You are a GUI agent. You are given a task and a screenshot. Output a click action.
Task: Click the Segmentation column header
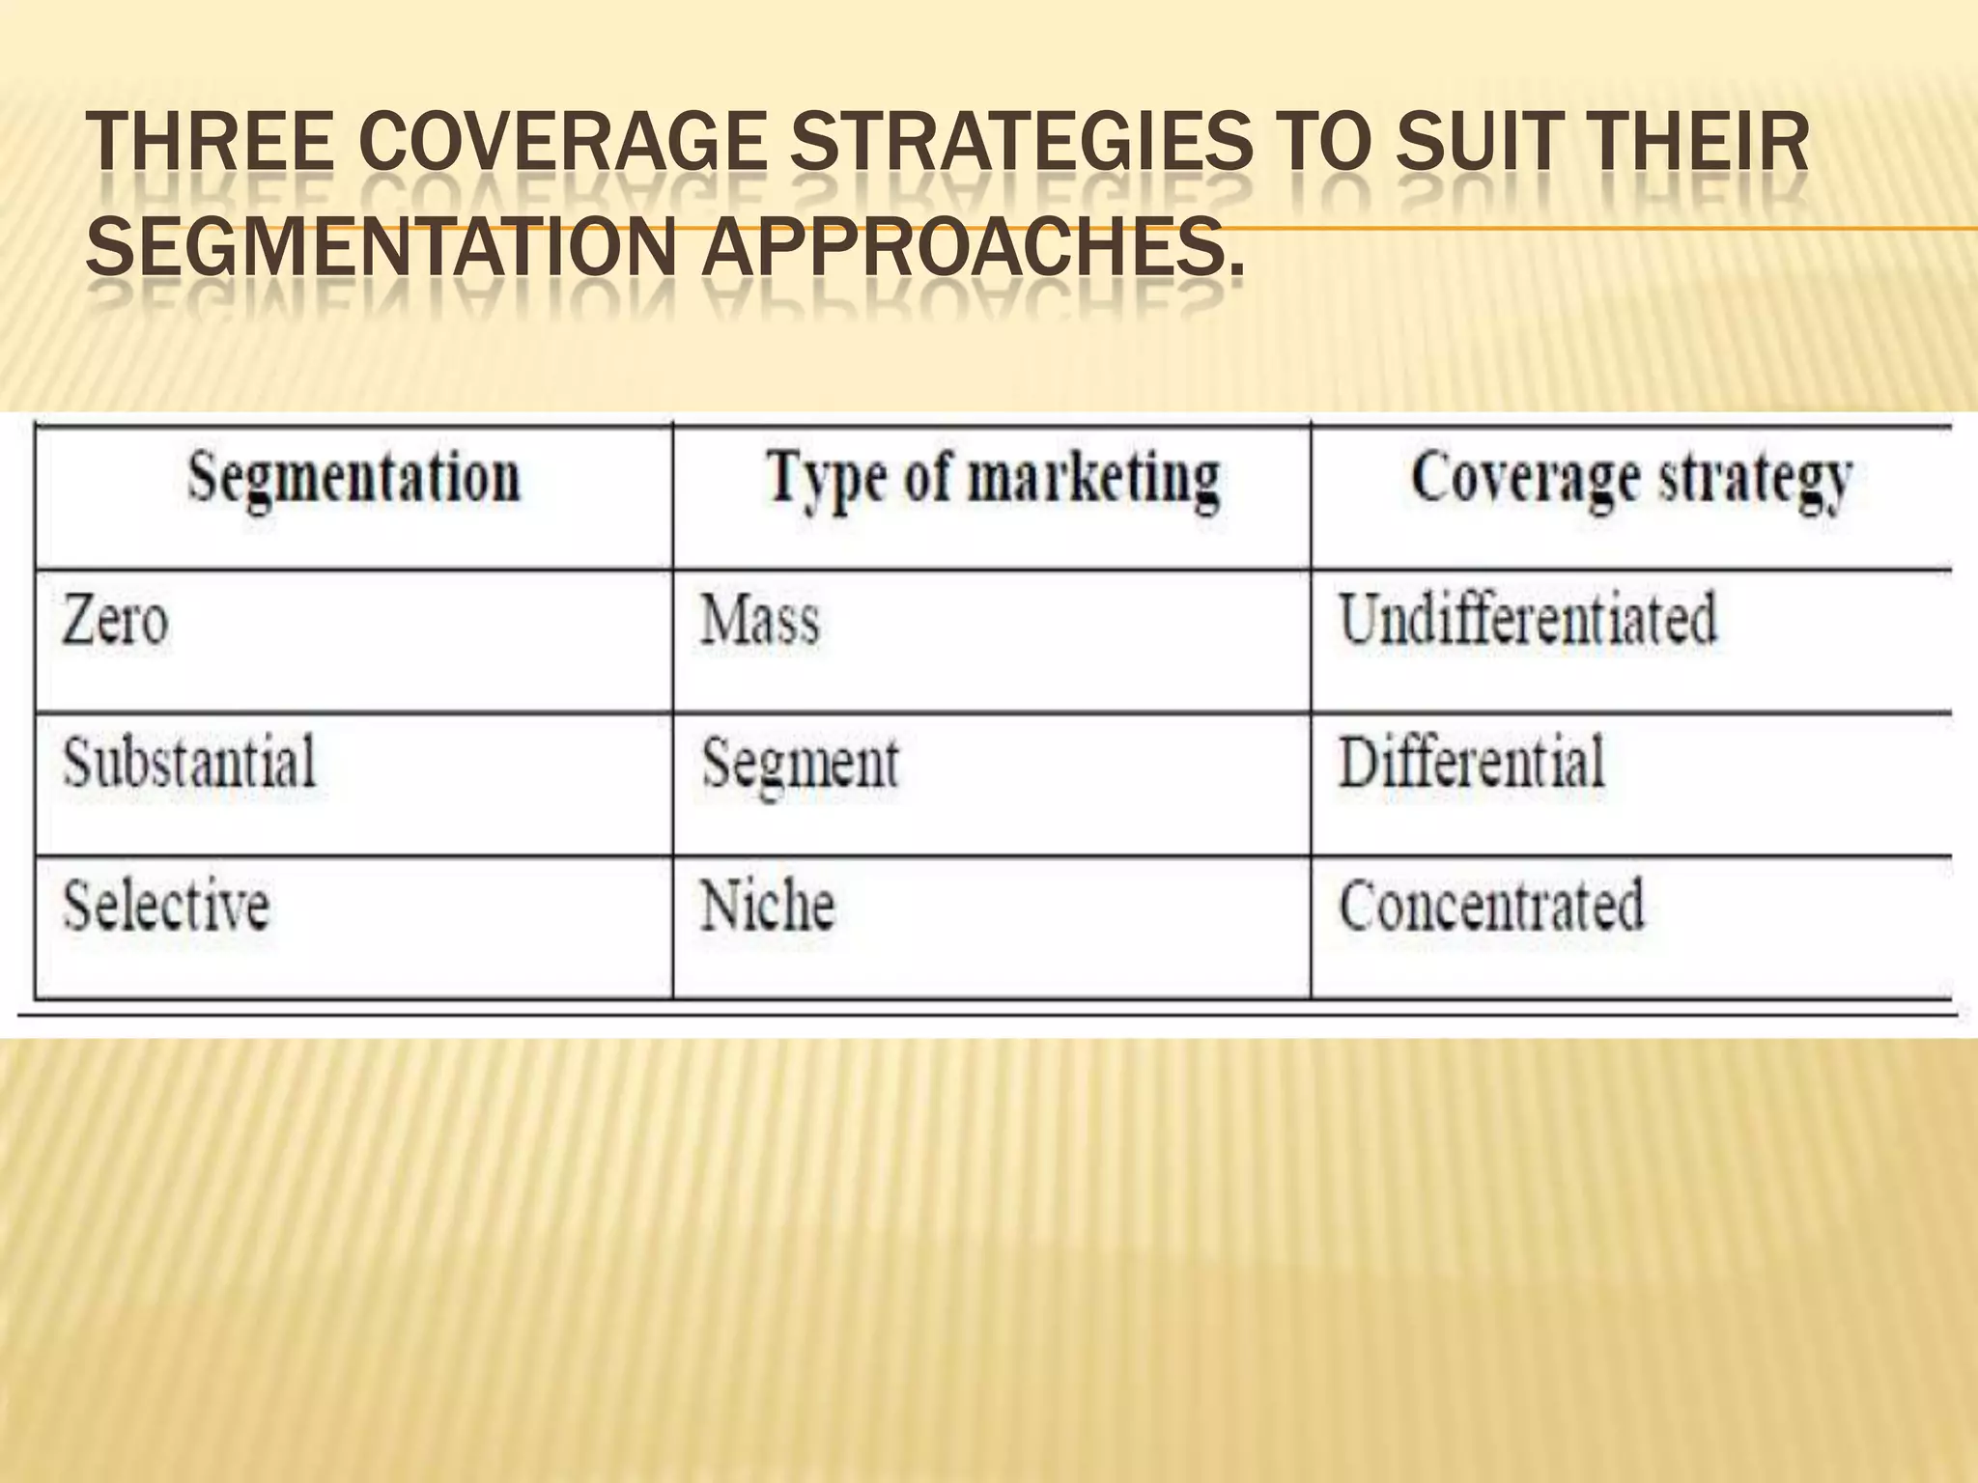[x=353, y=478]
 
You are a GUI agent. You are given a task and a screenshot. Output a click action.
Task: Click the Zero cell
[x=115, y=620]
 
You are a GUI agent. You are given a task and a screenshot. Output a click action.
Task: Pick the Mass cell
[x=760, y=620]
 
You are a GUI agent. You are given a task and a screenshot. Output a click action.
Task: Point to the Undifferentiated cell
[x=1527, y=619]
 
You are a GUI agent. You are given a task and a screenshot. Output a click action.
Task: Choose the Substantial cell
[x=189, y=762]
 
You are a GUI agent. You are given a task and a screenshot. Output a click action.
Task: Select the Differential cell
[x=1471, y=762]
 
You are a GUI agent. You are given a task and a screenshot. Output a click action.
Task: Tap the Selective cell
[x=165, y=906]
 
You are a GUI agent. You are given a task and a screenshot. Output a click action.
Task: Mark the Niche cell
[x=767, y=906]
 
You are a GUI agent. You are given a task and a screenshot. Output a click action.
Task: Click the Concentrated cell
[x=1490, y=906]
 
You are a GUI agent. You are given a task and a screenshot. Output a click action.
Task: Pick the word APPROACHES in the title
[x=971, y=245]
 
